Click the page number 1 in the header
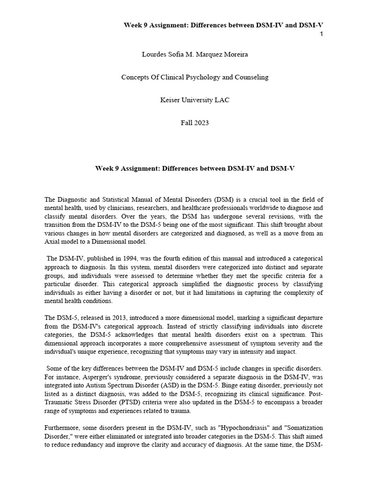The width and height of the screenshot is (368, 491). pos(321,34)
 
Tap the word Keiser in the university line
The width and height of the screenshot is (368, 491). pos(170,100)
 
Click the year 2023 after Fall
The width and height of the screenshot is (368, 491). pos(201,122)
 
